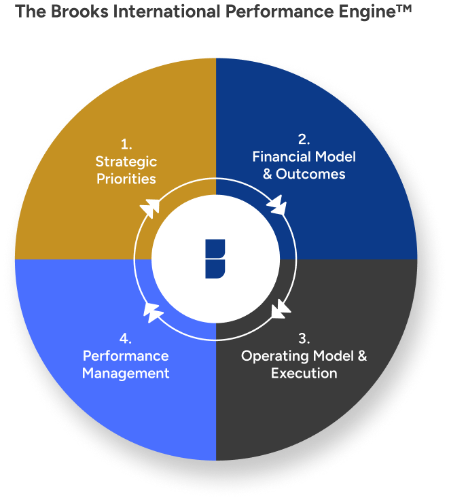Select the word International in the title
coord(167,12)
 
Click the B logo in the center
coord(215,259)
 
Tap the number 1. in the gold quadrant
coord(126,145)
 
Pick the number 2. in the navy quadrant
coord(304,139)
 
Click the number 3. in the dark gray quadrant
coord(304,338)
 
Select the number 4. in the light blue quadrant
coord(126,338)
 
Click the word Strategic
coord(126,162)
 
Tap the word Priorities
coord(126,179)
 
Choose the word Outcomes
coord(310,174)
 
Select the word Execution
coord(304,373)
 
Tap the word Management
coord(126,374)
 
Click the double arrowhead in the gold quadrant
coord(150,208)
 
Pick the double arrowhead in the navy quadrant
coord(276,204)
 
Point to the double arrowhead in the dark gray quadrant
coord(281,309)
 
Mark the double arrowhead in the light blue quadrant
coord(151,312)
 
